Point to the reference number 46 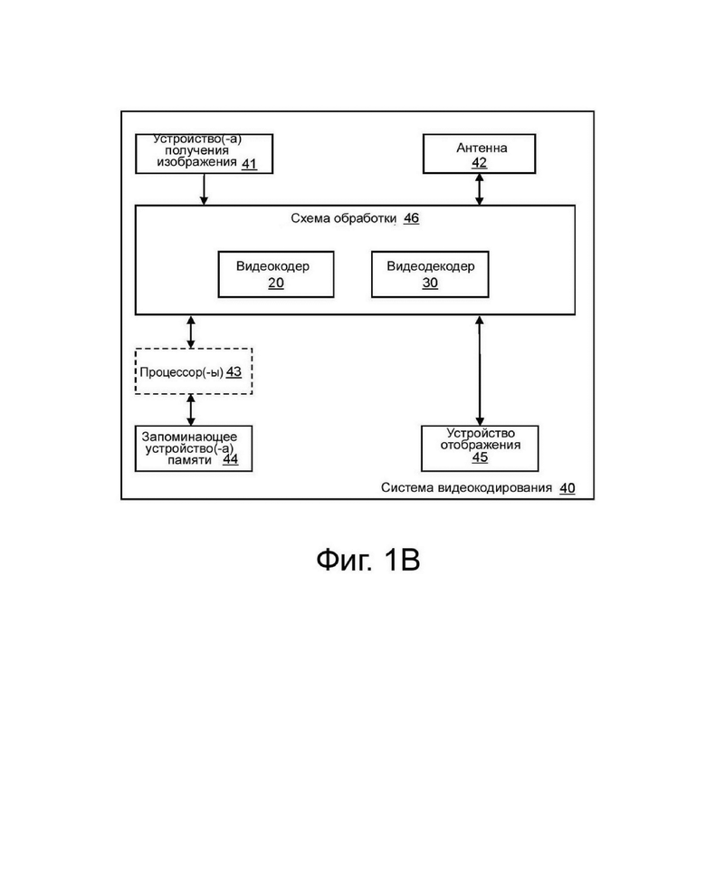pyautogui.click(x=412, y=218)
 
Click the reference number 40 pyautogui.click(x=568, y=488)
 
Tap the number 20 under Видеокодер pyautogui.click(x=276, y=283)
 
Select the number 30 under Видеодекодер pyautogui.click(x=430, y=283)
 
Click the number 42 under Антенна pyautogui.click(x=479, y=162)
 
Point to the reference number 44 pyautogui.click(x=230, y=459)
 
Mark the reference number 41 pyautogui.click(x=250, y=164)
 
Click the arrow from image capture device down pyautogui.click(x=204, y=189)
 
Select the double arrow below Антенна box pyautogui.click(x=479, y=189)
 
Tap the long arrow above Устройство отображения pyautogui.click(x=480, y=370)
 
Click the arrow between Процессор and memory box pyautogui.click(x=191, y=410)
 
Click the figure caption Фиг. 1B pyautogui.click(x=368, y=560)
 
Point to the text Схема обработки pyautogui.click(x=344, y=218)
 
